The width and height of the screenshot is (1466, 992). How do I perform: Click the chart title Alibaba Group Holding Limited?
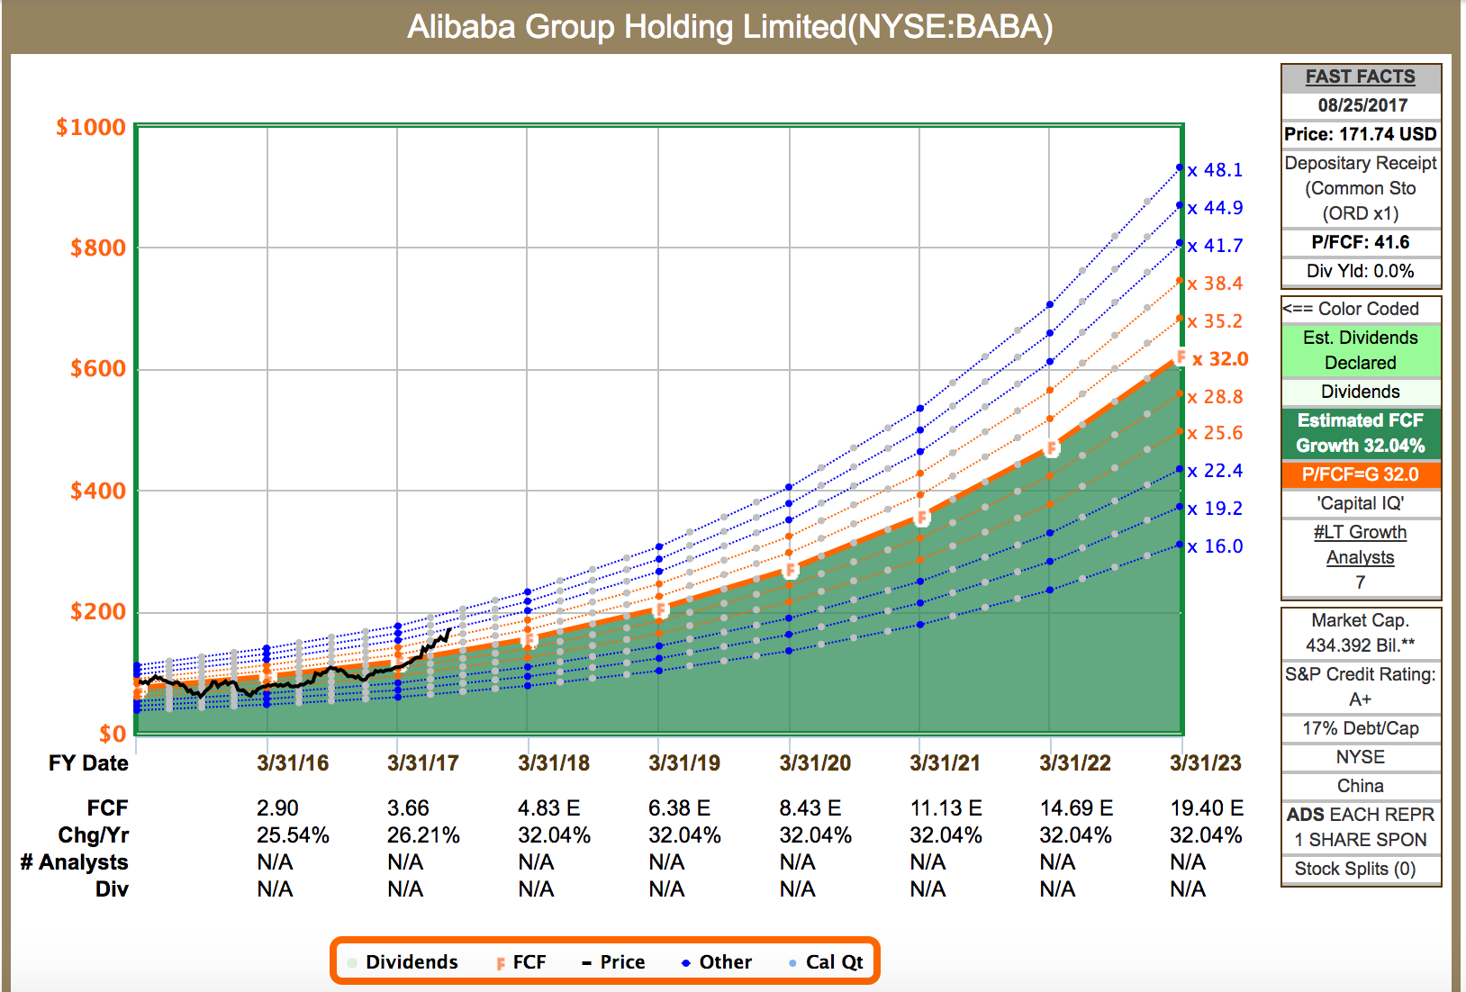click(x=729, y=27)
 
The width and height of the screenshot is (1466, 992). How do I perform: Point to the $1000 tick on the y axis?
click(x=91, y=127)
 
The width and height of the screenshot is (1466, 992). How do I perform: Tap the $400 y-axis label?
click(x=98, y=491)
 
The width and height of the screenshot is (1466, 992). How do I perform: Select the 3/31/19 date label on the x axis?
click(x=684, y=763)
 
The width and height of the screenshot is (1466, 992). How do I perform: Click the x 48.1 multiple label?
click(x=1215, y=170)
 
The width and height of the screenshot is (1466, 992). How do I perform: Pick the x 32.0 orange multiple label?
click(x=1220, y=359)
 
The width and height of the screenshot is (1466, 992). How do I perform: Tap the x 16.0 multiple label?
click(x=1215, y=546)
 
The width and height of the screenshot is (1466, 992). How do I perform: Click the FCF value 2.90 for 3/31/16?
click(x=277, y=808)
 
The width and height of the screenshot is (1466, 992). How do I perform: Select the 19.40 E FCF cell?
click(x=1207, y=808)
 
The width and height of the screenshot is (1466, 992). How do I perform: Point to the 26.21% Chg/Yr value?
click(x=423, y=835)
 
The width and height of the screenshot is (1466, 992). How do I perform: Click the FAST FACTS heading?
click(x=1360, y=77)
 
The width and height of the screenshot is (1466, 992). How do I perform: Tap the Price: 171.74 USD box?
click(x=1360, y=134)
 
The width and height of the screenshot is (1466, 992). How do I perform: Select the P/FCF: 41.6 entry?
click(x=1360, y=242)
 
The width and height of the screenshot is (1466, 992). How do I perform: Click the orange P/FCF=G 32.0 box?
click(x=1360, y=474)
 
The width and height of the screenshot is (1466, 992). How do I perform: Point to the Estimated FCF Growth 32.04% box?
click(x=1360, y=433)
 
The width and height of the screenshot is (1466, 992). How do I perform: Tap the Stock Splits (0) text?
click(x=1354, y=869)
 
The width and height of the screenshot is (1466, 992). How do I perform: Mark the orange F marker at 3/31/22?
click(x=1051, y=448)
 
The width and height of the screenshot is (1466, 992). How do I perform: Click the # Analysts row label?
click(x=75, y=862)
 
